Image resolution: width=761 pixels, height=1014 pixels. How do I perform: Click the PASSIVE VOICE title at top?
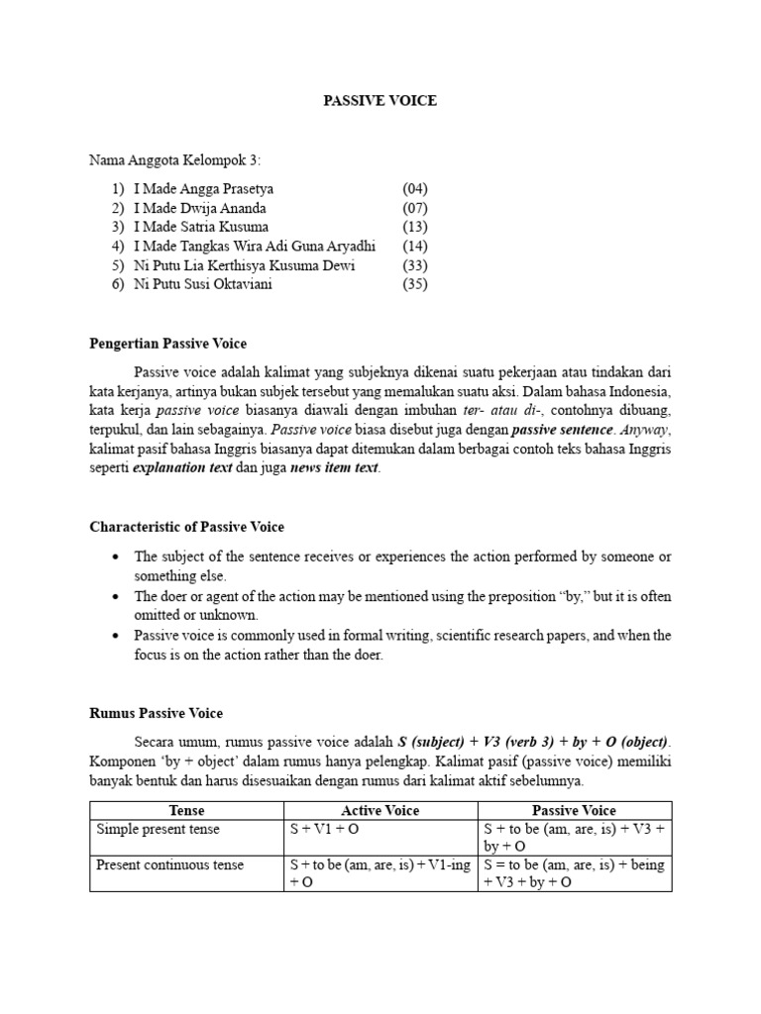tap(380, 101)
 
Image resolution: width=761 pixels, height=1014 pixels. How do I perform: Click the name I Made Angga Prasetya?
tap(203, 189)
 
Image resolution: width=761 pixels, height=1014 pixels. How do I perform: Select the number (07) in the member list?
tap(414, 208)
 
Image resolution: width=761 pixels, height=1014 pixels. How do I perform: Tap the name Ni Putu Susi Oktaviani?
tap(202, 284)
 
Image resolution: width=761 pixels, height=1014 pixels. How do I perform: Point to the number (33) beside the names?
tap(414, 265)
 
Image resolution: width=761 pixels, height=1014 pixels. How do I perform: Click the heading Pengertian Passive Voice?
tap(167, 344)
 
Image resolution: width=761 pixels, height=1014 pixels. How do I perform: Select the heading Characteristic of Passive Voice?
tap(186, 527)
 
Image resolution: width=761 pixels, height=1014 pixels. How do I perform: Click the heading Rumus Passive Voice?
tap(156, 713)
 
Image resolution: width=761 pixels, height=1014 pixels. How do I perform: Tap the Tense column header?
tap(186, 810)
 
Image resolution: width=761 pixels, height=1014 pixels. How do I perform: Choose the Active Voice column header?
tap(380, 810)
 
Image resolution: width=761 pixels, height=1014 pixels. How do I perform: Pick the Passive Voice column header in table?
tap(574, 810)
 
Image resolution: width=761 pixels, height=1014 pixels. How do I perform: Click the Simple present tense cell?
tap(158, 829)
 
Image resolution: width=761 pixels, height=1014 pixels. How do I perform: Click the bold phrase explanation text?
tap(182, 468)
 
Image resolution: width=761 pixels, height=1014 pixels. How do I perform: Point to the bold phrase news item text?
tap(334, 468)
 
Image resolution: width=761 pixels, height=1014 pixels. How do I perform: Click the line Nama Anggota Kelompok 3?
tap(175, 159)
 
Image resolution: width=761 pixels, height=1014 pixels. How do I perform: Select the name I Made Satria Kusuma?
tap(201, 227)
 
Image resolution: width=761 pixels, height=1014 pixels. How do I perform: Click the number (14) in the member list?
tap(414, 246)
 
